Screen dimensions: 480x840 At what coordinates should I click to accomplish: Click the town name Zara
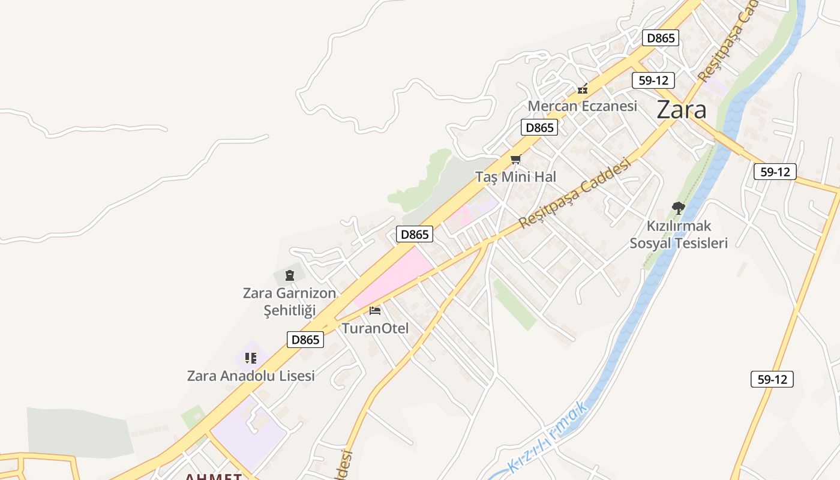[681, 110]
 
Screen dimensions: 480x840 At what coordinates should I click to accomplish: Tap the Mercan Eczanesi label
[582, 106]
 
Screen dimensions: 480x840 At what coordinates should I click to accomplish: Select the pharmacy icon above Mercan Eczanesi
[582, 89]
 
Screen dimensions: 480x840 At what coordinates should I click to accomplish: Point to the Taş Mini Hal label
[516, 177]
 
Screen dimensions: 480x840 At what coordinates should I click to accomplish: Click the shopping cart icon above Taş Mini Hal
[515, 159]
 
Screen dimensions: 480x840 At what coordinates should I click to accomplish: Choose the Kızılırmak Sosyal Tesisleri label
[679, 235]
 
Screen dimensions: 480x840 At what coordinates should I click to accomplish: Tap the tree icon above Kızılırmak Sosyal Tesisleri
[679, 208]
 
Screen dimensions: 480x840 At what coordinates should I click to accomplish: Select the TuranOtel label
[375, 328]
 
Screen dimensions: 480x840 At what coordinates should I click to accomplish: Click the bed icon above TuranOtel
[375, 310]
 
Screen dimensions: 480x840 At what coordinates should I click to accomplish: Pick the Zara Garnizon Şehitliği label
[290, 302]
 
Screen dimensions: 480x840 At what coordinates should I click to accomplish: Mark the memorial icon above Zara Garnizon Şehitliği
[290, 275]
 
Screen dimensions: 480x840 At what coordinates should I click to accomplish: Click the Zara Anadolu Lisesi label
[251, 376]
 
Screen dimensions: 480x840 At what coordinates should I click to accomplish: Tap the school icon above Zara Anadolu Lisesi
[251, 358]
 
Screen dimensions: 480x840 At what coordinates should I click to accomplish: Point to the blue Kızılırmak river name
[548, 436]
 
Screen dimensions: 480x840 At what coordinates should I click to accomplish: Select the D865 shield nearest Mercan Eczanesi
[539, 127]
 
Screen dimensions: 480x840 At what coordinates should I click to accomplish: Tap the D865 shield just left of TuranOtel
[305, 340]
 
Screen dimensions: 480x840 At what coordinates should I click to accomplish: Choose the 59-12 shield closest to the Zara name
[653, 80]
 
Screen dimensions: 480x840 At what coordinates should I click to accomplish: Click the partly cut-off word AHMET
[213, 476]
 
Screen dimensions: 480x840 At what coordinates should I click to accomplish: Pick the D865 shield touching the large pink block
[414, 234]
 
